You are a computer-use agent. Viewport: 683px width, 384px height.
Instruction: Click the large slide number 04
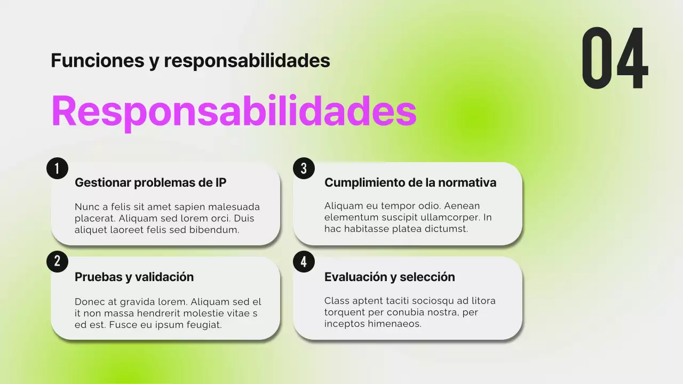615,59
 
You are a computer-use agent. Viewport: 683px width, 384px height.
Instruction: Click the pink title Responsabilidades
234,111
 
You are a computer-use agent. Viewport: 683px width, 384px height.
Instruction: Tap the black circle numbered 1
57,168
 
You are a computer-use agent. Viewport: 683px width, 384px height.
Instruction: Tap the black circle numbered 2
57,261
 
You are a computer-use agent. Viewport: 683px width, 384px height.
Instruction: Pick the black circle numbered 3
304,168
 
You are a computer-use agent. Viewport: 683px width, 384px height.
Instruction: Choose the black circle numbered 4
304,261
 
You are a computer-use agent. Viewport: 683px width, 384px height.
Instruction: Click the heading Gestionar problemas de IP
150,182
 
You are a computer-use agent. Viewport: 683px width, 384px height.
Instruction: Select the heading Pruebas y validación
134,277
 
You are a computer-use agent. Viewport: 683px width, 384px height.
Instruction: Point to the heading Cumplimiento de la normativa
410,182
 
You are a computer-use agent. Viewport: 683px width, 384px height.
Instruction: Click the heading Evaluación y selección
390,277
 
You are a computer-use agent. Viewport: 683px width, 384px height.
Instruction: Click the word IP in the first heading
220,182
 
